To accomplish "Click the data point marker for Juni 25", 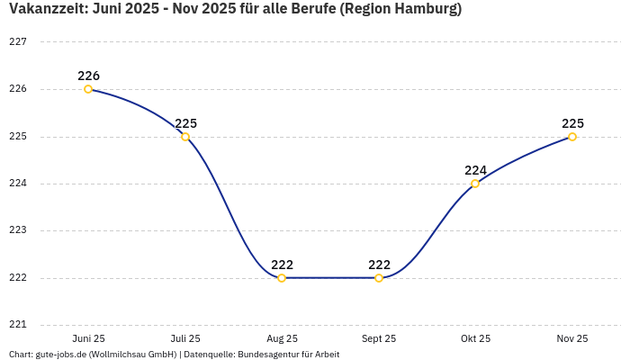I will pyautogui.click(x=88, y=89).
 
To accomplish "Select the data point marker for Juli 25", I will pyautogui.click(x=185, y=137).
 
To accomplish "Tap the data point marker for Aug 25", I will pyautogui.click(x=282, y=278).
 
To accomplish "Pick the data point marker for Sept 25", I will pyautogui.click(x=379, y=278).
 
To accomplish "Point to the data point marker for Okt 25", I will pyautogui.click(x=475, y=184).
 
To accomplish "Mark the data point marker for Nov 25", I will pyautogui.click(x=572, y=137).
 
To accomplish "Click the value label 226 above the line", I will pyautogui.click(x=88, y=76).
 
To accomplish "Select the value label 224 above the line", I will pyautogui.click(x=475, y=170).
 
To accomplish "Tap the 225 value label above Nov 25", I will pyautogui.click(x=572, y=123).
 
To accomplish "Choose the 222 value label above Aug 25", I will pyautogui.click(x=282, y=265).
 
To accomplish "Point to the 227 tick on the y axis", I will pyautogui.click(x=18, y=42).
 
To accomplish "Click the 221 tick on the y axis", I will pyautogui.click(x=18, y=325).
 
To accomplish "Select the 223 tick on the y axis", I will pyautogui.click(x=18, y=230).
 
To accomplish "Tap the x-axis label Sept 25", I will pyautogui.click(x=379, y=338).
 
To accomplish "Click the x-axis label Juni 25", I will pyautogui.click(x=88, y=338).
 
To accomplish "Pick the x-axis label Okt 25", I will pyautogui.click(x=475, y=338).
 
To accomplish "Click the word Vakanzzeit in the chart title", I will pyautogui.click(x=47, y=10).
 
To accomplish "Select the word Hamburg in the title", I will pyautogui.click(x=422, y=10).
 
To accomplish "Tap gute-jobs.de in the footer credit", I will pyautogui.click(x=59, y=355).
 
